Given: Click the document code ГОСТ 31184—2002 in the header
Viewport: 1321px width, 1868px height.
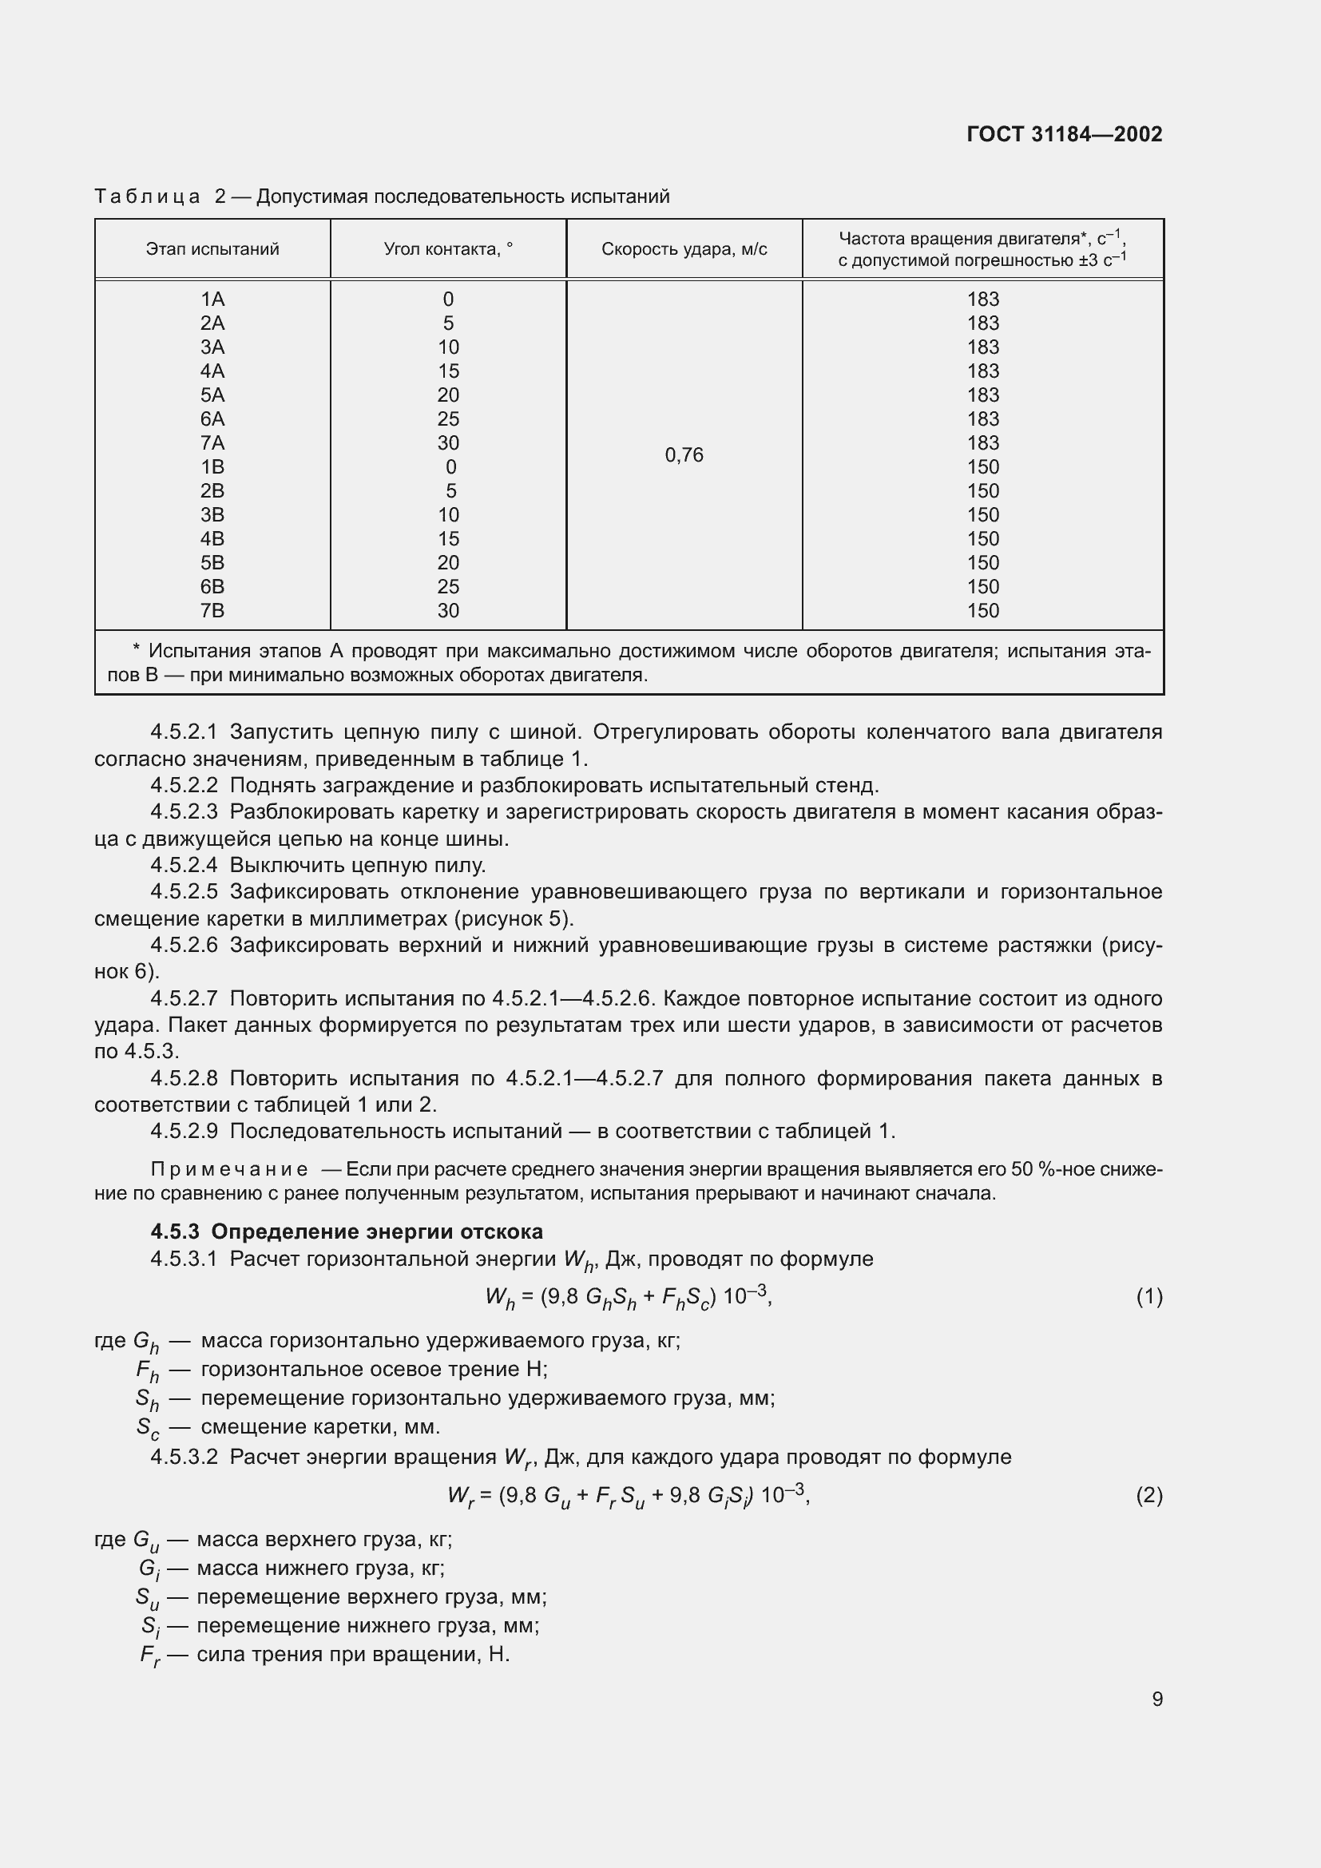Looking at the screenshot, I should pos(1064,134).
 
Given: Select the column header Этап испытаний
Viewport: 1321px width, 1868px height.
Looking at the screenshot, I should pos(212,249).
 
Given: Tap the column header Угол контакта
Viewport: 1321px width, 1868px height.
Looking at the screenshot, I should pos(448,249).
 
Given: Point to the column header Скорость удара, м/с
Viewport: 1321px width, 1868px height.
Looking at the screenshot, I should pos(684,249).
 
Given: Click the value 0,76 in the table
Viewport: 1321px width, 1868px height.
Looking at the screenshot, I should pos(684,454).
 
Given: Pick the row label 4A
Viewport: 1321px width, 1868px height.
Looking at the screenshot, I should pos(212,371).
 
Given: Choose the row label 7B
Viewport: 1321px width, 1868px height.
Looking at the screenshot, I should pos(212,610).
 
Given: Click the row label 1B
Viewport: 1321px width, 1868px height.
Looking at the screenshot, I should pos(212,467).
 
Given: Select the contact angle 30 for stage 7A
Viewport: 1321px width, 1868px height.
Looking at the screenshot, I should pos(448,442).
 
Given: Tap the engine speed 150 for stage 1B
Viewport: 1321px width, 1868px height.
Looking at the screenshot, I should pos(982,467).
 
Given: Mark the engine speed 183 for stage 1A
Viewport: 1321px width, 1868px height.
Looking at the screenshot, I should pos(982,299).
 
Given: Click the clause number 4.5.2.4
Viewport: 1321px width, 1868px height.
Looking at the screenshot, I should pos(184,865).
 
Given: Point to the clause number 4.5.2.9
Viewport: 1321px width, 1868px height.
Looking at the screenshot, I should pos(184,1131).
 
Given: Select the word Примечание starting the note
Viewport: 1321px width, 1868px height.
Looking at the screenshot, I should pos(229,1170).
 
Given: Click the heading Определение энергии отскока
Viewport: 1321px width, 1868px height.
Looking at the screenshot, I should pos(377,1231).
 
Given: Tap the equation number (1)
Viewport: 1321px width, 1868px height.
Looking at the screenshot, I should pos(1148,1297).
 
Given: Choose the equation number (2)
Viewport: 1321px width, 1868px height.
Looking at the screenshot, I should pos(1148,1495).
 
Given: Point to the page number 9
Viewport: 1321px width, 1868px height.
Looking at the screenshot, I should pos(1156,1699).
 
